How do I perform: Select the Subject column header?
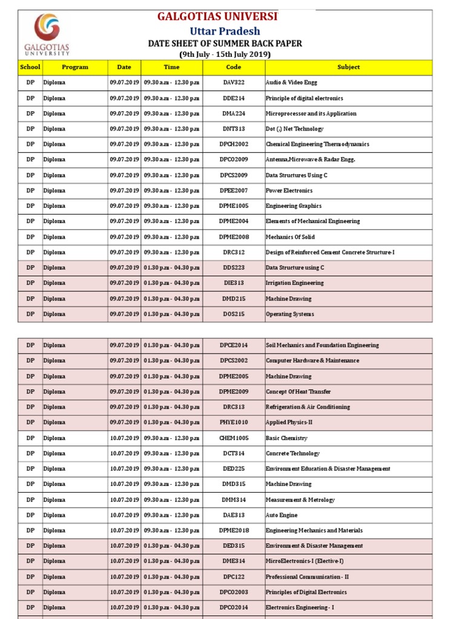(348, 67)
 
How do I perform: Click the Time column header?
(171, 67)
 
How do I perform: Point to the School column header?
(30, 67)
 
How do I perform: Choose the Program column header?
(74, 67)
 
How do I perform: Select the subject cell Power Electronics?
(289, 190)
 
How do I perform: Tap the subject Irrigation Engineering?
(294, 283)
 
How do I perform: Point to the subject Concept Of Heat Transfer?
(298, 392)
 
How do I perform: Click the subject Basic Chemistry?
(286, 438)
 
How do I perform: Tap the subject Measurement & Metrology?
(300, 500)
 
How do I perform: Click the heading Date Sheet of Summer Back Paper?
(225, 44)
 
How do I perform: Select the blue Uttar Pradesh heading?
(225, 31)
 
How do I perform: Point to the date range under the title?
(225, 54)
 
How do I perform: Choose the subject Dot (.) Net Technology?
(294, 129)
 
